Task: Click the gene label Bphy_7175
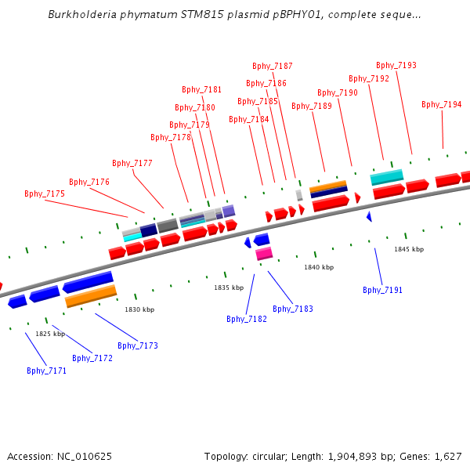tap(45, 193)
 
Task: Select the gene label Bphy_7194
tap(442, 104)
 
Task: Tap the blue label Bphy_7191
tap(382, 290)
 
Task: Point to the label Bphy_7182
tap(247, 319)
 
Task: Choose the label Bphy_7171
tap(47, 371)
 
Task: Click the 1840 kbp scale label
tap(319, 267)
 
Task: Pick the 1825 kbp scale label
tap(50, 334)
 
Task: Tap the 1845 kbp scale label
tap(409, 249)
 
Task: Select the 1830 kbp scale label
tap(139, 309)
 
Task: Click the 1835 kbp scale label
tap(229, 287)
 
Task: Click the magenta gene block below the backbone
tap(264, 253)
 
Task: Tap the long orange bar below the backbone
tap(91, 296)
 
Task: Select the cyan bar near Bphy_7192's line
tap(387, 177)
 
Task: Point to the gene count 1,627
tap(446, 456)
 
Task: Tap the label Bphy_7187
tap(273, 66)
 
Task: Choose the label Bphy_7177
tap(132, 163)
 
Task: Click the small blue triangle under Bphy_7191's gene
tap(369, 216)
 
